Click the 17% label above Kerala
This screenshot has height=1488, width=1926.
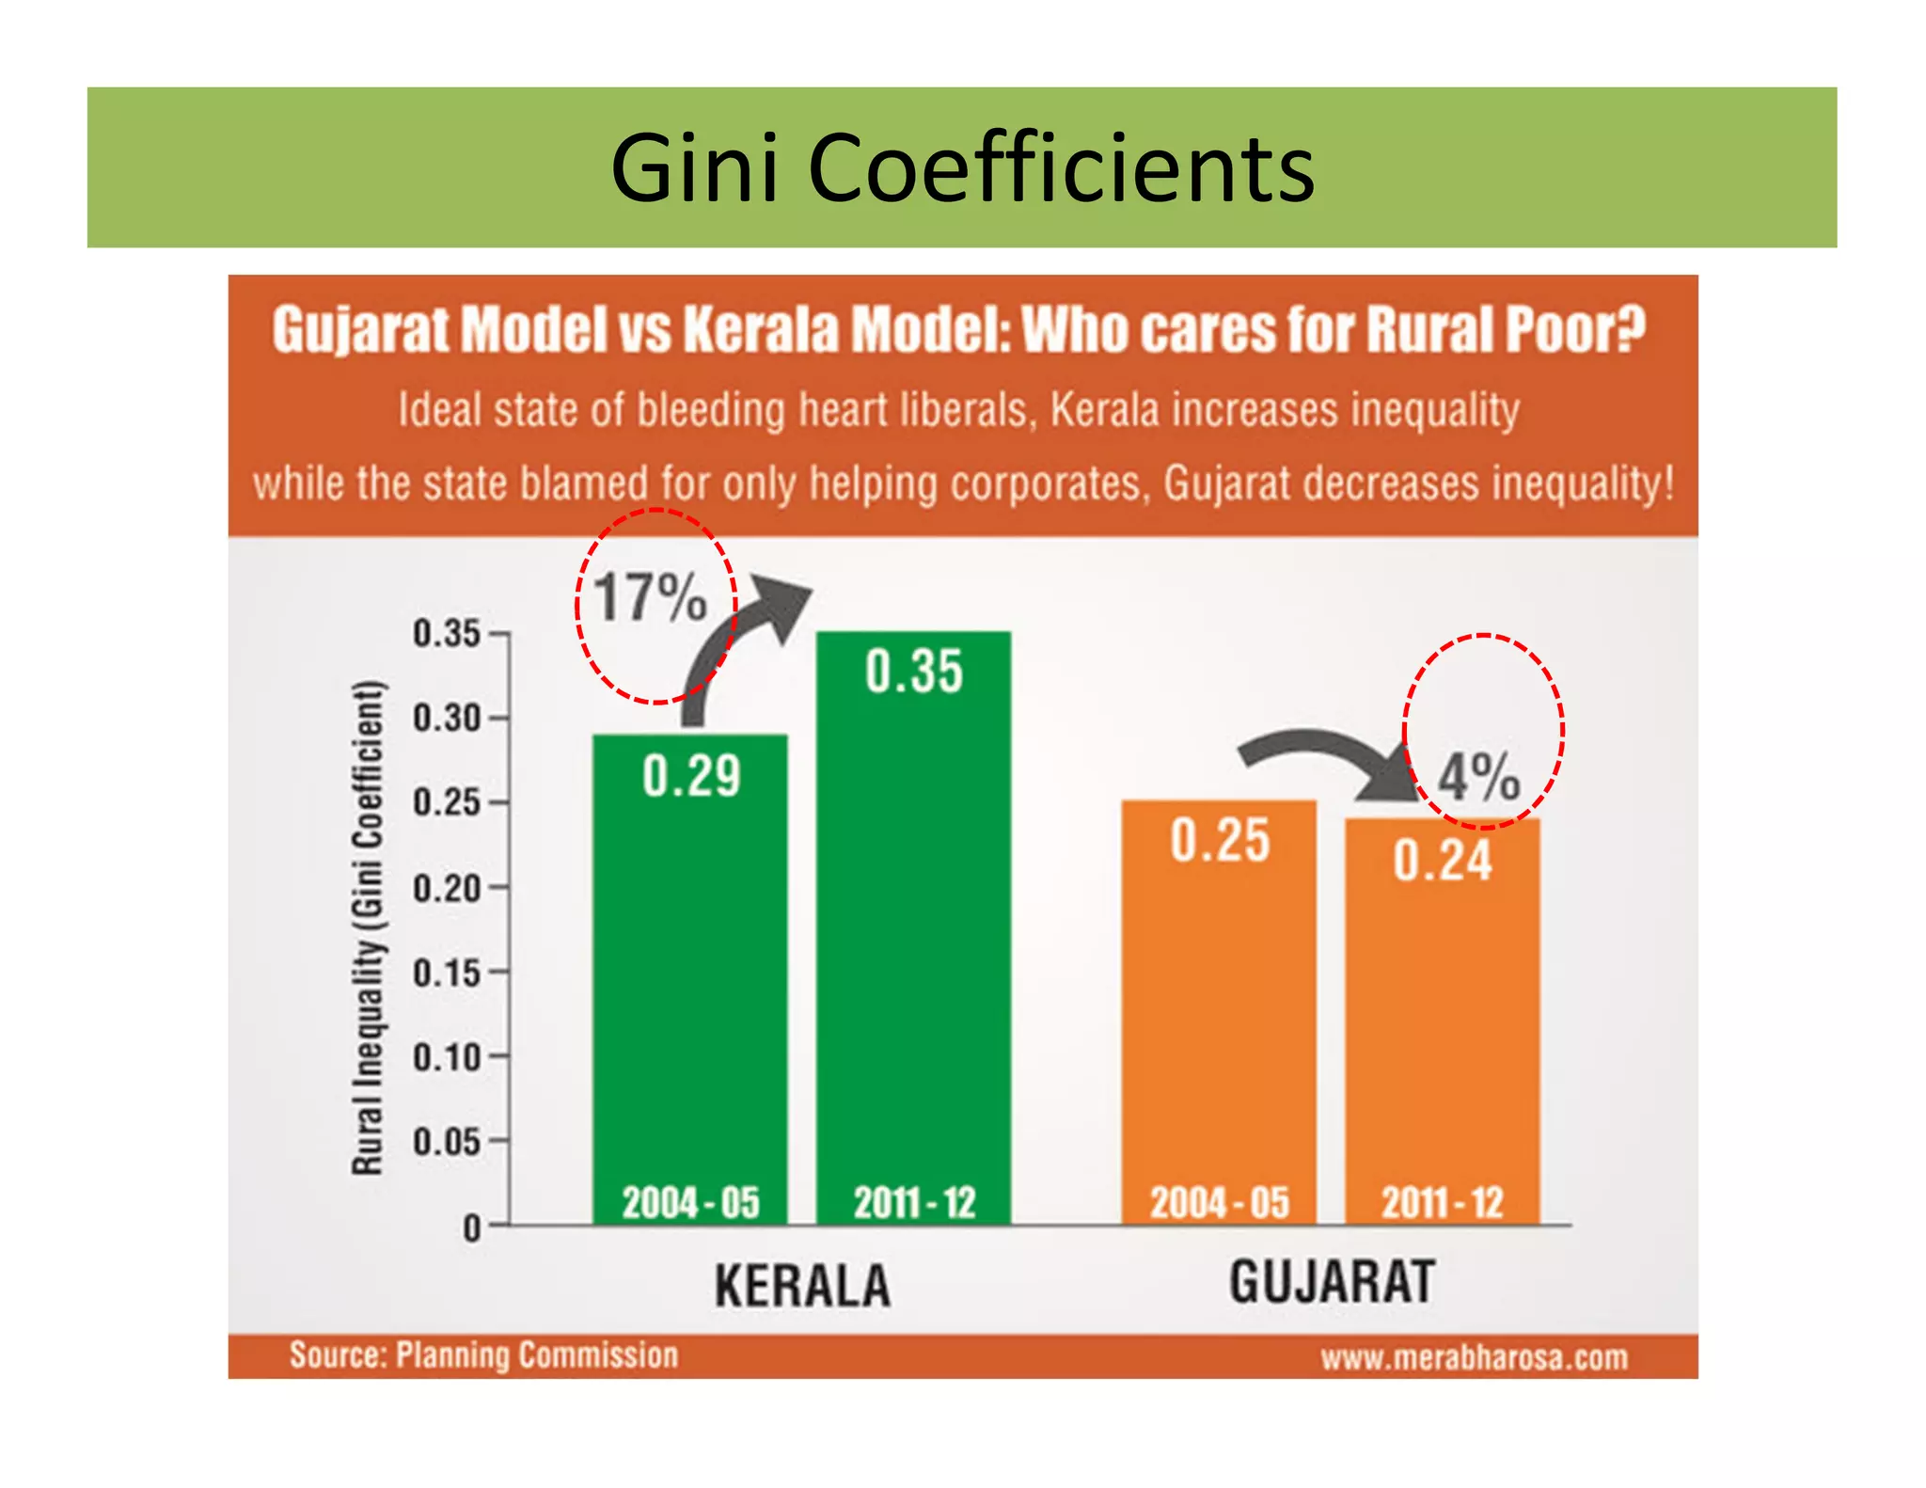pyautogui.click(x=651, y=598)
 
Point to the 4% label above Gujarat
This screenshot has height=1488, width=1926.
pyautogui.click(x=1479, y=778)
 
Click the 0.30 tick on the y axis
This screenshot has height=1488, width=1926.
pyautogui.click(x=448, y=719)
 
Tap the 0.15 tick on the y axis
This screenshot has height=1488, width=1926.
pyautogui.click(x=448, y=973)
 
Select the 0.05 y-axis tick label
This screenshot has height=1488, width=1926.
pyautogui.click(x=448, y=1142)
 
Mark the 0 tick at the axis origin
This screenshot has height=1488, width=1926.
pyautogui.click(x=473, y=1228)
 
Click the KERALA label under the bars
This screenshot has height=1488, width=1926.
pyautogui.click(x=802, y=1286)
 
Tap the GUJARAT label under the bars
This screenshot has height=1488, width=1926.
pyautogui.click(x=1332, y=1282)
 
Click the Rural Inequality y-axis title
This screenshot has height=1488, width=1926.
pyautogui.click(x=368, y=926)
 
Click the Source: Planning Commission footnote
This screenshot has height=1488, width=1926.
pyautogui.click(x=483, y=1355)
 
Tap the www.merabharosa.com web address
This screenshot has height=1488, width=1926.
pyautogui.click(x=1474, y=1358)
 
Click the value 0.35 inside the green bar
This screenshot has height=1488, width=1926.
pyautogui.click(x=913, y=673)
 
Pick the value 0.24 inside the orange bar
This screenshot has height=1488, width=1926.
pyautogui.click(x=1442, y=861)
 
